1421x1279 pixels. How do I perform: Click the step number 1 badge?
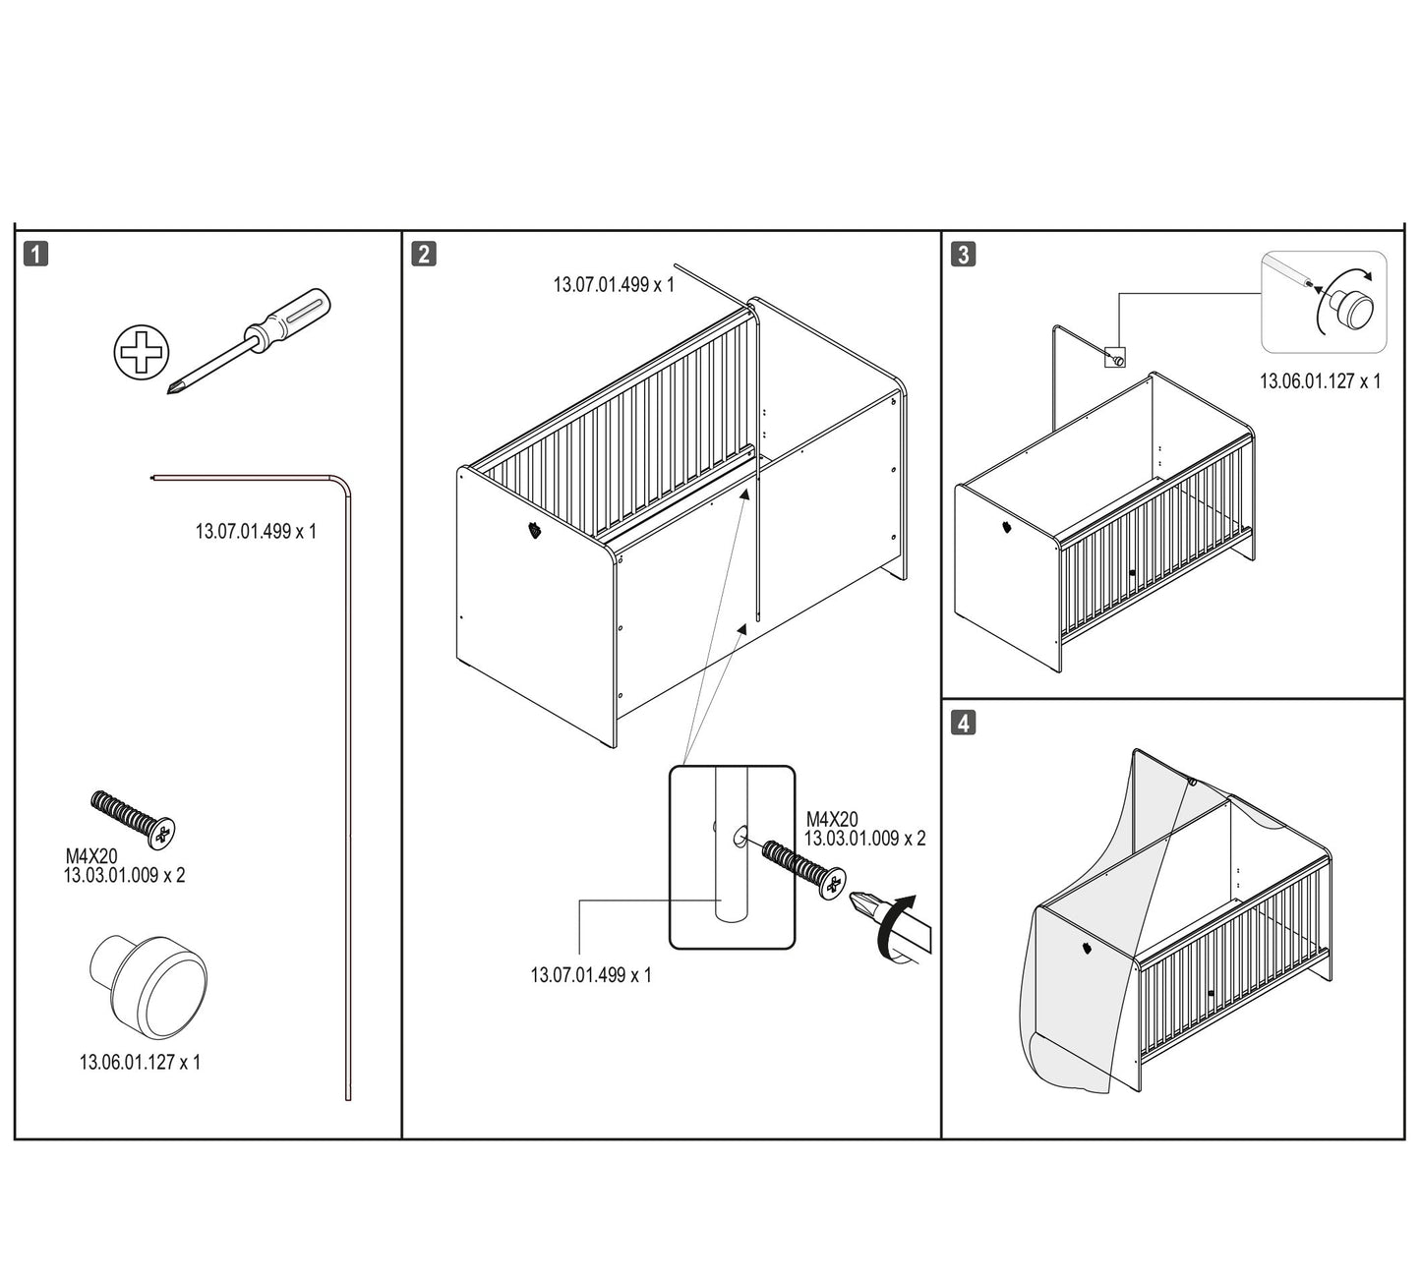click(x=34, y=254)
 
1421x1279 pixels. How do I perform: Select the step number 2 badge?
click(x=423, y=254)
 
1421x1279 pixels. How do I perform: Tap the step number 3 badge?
click(x=963, y=254)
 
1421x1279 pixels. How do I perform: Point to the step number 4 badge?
click(x=963, y=723)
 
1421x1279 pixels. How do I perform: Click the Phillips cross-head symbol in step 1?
click(x=142, y=353)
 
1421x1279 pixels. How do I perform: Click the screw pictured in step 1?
click(x=133, y=817)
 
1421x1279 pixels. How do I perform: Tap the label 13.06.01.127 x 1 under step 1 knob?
click(x=140, y=1062)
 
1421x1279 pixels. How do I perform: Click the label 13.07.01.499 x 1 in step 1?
click(x=256, y=531)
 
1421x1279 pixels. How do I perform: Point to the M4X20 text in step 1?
click(x=91, y=857)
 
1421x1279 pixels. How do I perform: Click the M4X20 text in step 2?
click(x=832, y=819)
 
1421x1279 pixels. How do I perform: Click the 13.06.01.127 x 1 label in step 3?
click(x=1320, y=381)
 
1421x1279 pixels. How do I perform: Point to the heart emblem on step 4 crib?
click(x=1085, y=951)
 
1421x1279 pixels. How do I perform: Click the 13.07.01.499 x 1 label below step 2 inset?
click(x=590, y=975)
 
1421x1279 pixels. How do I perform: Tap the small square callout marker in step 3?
click(x=1115, y=358)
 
